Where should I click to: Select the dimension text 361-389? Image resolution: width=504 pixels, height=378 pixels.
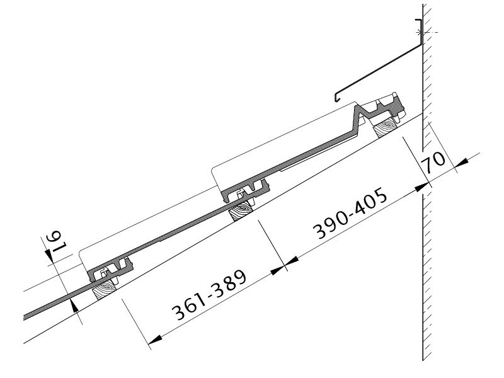209,295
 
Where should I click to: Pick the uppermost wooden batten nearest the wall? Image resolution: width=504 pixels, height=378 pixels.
385,127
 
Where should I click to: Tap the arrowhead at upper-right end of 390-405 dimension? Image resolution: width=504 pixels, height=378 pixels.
421,187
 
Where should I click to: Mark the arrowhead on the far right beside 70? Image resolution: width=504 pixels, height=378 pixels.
462,163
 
